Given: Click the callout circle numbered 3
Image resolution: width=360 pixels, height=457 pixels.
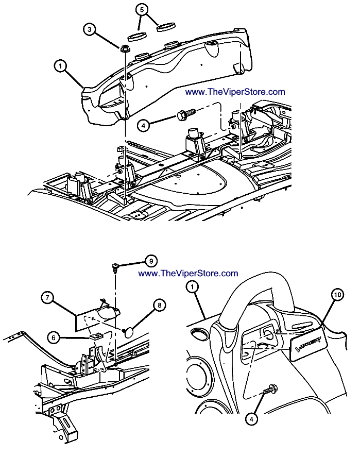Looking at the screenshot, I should tap(90, 30).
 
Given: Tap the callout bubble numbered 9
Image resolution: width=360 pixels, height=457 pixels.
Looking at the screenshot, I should tap(151, 261).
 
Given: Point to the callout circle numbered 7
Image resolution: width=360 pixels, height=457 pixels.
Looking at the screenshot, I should tap(46, 298).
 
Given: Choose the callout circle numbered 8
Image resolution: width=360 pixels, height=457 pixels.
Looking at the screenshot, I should tap(159, 306).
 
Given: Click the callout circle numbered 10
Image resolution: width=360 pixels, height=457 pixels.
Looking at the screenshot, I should tap(337, 296).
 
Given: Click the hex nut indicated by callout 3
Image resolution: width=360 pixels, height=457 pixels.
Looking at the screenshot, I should tap(124, 49).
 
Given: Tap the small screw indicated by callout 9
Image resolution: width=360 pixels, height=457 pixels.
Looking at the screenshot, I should tap(115, 266).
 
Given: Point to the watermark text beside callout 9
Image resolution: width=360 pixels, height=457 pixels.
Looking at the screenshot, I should tap(188, 274).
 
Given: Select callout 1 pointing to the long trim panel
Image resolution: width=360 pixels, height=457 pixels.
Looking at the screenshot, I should tap(60, 65).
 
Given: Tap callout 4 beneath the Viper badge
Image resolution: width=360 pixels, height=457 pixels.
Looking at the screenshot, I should tap(251, 419).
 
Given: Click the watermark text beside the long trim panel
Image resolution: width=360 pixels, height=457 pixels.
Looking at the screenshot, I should tap(234, 92).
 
